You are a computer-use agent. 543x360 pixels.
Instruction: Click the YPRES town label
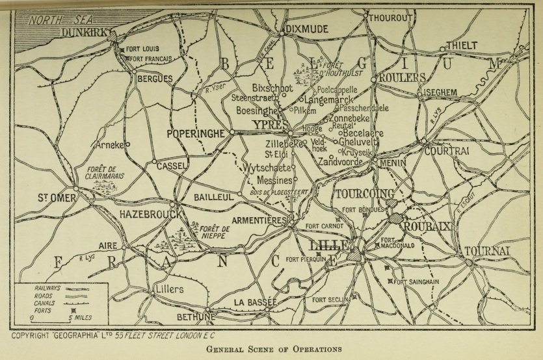[x=267, y=123]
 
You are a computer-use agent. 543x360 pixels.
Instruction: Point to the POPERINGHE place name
[x=195, y=133]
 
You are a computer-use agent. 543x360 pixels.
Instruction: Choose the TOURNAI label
[x=487, y=251]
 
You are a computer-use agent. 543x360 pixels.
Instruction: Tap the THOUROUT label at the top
[x=391, y=18]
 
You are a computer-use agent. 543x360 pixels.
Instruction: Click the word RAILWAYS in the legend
[x=48, y=287]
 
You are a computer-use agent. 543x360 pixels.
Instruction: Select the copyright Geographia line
[x=114, y=335]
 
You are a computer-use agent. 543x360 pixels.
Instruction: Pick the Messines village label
[x=274, y=179]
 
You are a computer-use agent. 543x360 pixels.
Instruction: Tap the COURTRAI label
[x=447, y=151]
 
